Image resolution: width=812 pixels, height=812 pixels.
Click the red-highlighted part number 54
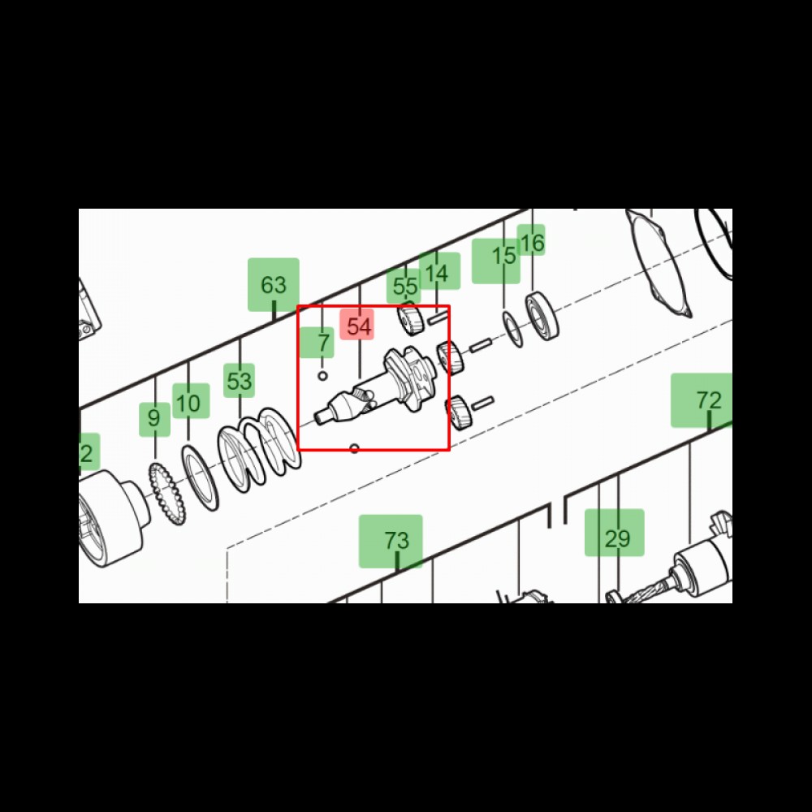pyautogui.click(x=356, y=326)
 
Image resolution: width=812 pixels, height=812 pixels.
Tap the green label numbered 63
pyautogui.click(x=274, y=285)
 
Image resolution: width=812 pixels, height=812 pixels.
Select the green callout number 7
pyautogui.click(x=317, y=343)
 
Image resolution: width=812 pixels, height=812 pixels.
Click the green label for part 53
pyautogui.click(x=239, y=381)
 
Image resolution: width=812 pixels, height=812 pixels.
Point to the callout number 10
pyautogui.click(x=191, y=401)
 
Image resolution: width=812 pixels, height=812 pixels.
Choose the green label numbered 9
pyautogui.click(x=154, y=419)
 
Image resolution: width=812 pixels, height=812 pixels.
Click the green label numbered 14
pyautogui.click(x=439, y=271)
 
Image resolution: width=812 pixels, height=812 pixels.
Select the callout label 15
pyautogui.click(x=496, y=261)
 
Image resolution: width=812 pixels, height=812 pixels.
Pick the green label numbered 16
pyautogui.click(x=531, y=240)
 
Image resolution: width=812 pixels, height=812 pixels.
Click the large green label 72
pyautogui.click(x=702, y=400)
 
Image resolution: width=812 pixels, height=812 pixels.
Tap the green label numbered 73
pyautogui.click(x=391, y=541)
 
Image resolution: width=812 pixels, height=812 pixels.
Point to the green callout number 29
pyautogui.click(x=615, y=533)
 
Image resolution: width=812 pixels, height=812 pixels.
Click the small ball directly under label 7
pyautogui.click(x=322, y=375)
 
